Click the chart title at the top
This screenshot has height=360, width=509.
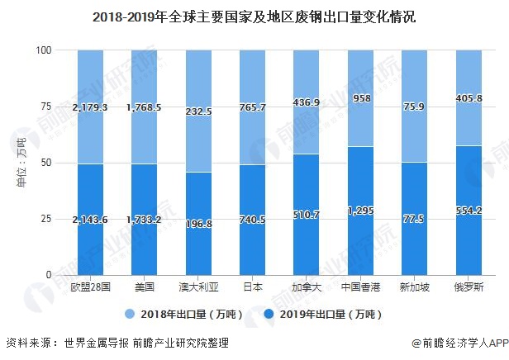point(254,15)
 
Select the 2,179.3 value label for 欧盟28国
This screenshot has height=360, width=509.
point(90,107)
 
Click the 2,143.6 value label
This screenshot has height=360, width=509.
point(90,219)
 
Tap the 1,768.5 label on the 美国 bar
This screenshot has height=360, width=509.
point(144,107)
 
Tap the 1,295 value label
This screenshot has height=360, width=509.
point(359,211)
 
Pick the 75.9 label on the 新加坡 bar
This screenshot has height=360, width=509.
point(414,107)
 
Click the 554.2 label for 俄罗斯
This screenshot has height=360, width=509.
point(468,211)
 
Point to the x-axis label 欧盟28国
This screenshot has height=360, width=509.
point(90,287)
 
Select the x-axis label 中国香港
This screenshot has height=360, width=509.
point(359,287)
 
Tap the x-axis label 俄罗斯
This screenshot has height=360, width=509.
point(468,287)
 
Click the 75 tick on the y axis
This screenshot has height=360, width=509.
point(45,107)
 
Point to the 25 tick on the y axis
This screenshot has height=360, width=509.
point(45,219)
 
